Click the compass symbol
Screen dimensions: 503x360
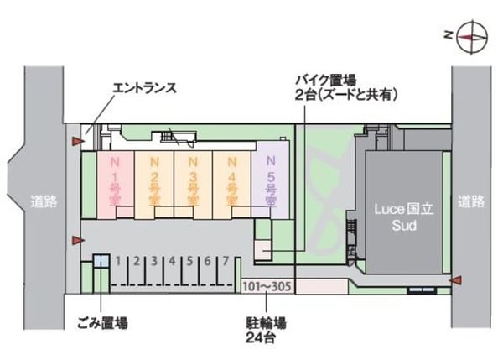(x=472, y=37)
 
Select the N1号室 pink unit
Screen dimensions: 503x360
(x=116, y=185)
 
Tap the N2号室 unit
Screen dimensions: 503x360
(x=154, y=185)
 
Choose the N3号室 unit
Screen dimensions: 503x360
(x=193, y=185)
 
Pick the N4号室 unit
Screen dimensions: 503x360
(x=231, y=185)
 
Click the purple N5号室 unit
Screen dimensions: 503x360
(x=271, y=185)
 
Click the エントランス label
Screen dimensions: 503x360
(x=145, y=87)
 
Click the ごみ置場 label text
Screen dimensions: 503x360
(x=102, y=323)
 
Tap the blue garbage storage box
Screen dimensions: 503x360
(x=101, y=260)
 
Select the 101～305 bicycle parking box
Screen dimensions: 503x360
(x=267, y=286)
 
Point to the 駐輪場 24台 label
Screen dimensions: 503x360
(x=266, y=330)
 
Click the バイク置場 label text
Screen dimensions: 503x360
(x=326, y=80)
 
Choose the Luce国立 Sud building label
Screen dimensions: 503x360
(x=404, y=217)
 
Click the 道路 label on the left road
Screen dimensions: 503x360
(x=44, y=201)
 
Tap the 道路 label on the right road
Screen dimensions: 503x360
(x=471, y=201)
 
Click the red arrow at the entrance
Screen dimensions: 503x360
(x=78, y=141)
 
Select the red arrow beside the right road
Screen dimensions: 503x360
(x=456, y=280)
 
